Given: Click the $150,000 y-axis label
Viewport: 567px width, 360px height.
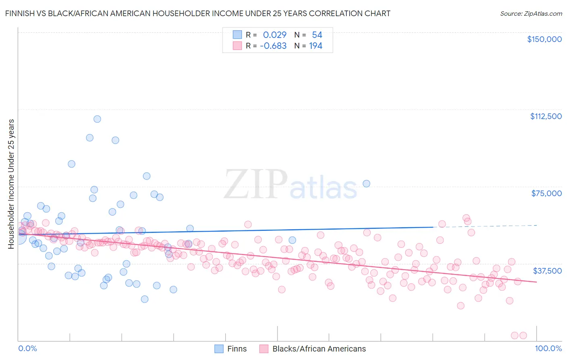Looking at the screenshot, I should pyautogui.click(x=544, y=39).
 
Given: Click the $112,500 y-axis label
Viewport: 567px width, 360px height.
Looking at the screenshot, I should pyautogui.click(x=546, y=116).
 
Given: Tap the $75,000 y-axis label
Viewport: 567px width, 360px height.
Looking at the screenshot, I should pyautogui.click(x=546, y=193).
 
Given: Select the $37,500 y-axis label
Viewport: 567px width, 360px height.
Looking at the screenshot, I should pyautogui.click(x=547, y=271).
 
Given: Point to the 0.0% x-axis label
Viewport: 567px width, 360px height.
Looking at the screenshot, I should pyautogui.click(x=27, y=348).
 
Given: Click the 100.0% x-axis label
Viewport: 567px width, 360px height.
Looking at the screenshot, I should pyautogui.click(x=548, y=348).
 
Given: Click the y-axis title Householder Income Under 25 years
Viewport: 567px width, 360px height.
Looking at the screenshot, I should pyautogui.click(x=11, y=184).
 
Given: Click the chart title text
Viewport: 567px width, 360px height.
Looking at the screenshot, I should pyautogui.click(x=198, y=13).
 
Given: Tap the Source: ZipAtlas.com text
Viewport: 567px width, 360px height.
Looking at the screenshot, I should pyautogui.click(x=531, y=13).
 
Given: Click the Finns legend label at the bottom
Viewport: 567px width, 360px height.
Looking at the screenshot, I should pyautogui.click(x=237, y=349).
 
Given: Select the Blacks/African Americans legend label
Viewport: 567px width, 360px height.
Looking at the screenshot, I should pyautogui.click(x=319, y=349).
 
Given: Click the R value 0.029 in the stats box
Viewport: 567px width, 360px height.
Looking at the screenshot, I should pyautogui.click(x=275, y=35).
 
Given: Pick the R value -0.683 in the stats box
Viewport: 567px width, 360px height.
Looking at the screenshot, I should pyautogui.click(x=273, y=46).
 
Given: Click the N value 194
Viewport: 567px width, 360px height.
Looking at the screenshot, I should pyautogui.click(x=315, y=46).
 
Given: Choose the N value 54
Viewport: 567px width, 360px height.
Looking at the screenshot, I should pyautogui.click(x=317, y=35).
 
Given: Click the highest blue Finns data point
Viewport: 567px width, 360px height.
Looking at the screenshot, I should pyautogui.click(x=97, y=119).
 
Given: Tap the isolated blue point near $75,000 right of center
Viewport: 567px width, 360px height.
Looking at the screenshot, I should pyautogui.click(x=366, y=184).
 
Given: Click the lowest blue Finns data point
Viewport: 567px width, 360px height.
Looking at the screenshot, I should pyautogui.click(x=144, y=299).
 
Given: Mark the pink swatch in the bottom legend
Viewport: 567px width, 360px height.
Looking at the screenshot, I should pyautogui.click(x=264, y=349).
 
